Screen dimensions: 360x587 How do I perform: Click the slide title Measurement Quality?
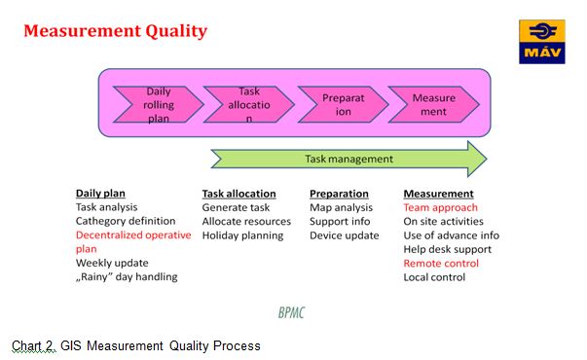(x=115, y=31)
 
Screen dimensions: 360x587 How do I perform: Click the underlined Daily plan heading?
(x=100, y=194)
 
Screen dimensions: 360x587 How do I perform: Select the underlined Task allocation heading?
(x=238, y=194)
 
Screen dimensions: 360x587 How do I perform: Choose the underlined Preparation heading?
(x=339, y=194)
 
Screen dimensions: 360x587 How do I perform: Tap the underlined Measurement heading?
(x=438, y=194)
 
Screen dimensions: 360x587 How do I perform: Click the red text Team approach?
(x=440, y=207)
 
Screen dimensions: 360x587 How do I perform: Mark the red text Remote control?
(x=442, y=263)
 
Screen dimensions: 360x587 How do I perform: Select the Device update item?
(x=344, y=235)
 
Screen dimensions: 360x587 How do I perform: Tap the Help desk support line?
(x=447, y=249)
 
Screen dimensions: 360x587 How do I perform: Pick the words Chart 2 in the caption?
(x=33, y=345)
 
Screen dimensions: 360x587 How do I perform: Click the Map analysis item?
(x=342, y=207)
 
